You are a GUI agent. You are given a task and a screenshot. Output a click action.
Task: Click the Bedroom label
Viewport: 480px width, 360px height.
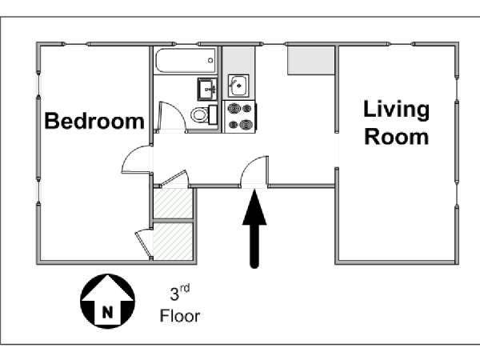coord(94,122)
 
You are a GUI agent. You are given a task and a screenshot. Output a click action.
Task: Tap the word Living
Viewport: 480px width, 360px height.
coord(397,110)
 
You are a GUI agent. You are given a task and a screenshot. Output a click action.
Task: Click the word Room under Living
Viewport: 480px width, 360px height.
coord(397,137)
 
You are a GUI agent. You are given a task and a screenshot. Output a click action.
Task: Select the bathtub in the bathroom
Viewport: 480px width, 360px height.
coord(186,60)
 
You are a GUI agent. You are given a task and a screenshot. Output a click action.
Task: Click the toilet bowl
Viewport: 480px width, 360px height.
coord(199,115)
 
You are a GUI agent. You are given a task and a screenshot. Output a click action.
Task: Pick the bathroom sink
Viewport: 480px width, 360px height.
coord(207,89)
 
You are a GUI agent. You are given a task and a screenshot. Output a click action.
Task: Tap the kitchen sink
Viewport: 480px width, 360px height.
coord(238,86)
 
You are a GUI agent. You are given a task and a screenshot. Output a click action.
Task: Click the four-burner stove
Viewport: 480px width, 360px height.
coord(240,117)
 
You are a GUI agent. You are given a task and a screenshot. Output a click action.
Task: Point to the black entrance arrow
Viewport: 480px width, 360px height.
coord(254,229)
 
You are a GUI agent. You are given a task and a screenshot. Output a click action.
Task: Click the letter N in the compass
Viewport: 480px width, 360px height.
coord(107,313)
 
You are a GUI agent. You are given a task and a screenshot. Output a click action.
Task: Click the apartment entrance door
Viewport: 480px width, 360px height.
coord(254,171)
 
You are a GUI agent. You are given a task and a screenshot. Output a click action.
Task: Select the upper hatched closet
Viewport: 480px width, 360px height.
coord(173,203)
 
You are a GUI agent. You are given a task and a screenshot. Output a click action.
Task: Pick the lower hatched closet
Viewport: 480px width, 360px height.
coord(173,241)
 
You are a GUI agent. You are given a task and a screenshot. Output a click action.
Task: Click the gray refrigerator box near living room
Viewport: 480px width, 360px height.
coord(310,60)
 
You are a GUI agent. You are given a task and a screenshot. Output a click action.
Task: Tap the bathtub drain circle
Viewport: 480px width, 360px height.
coord(210,60)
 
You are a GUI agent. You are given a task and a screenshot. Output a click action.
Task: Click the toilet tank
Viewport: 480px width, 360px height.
coord(213,114)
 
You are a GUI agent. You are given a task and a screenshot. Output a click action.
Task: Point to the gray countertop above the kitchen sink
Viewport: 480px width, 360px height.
coord(238,60)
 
